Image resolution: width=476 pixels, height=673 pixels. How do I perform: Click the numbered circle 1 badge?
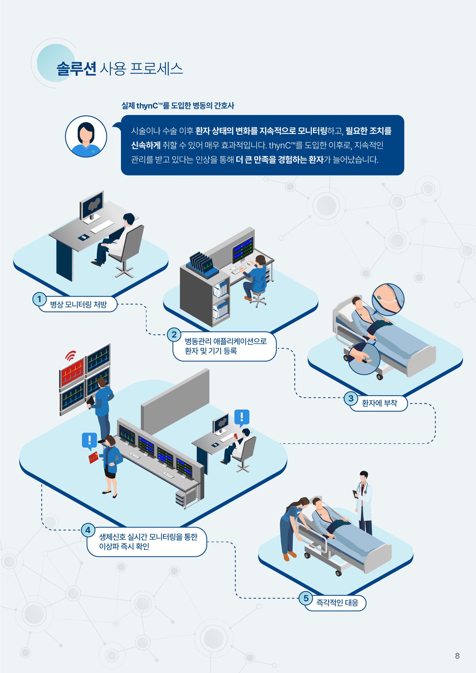pos(39,299)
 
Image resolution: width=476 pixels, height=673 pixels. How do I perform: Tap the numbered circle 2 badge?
pos(174,334)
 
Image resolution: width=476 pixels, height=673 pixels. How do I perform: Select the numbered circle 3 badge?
pos(351,398)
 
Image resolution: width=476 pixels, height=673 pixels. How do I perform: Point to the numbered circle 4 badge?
pos(88,530)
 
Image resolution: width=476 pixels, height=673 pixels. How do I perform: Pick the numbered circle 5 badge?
pos(306,598)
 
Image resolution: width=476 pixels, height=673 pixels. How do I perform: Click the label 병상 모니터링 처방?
pos(79,305)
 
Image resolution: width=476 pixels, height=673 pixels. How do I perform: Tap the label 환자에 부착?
pos(379,403)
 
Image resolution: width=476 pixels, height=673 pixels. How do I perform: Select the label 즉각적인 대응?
pos(337,603)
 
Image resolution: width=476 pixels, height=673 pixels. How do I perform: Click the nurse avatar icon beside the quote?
pos(86,136)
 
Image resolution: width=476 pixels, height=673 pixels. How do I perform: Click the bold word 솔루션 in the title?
pos(76,69)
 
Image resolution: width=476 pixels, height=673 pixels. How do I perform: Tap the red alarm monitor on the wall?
pos(72,371)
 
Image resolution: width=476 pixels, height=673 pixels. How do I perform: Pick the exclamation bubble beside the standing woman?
pos(89,440)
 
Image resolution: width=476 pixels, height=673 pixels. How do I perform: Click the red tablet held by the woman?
pos(93,457)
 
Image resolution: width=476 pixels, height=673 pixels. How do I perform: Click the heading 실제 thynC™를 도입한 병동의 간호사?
pos(178,106)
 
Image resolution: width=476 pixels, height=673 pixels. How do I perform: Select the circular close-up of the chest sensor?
pos(388,299)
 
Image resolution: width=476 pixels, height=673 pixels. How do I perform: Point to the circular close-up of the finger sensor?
pos(364,359)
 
